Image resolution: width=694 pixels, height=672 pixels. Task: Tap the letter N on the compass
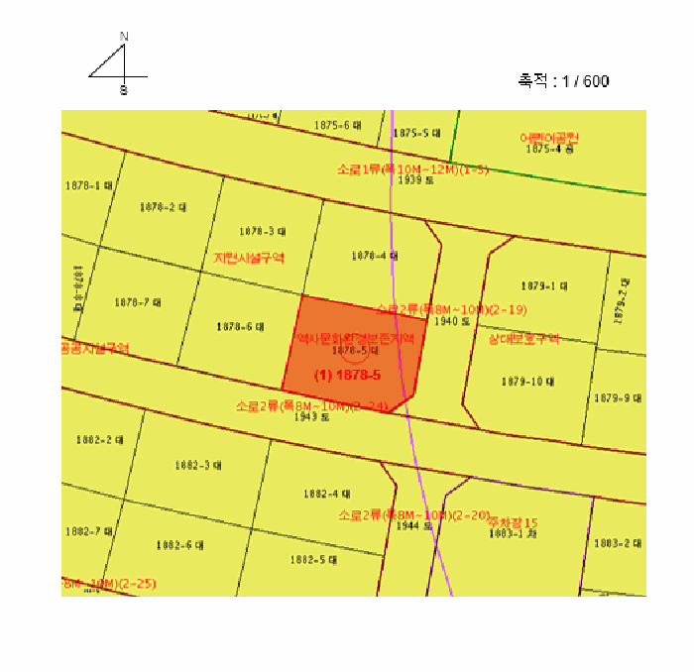(124, 37)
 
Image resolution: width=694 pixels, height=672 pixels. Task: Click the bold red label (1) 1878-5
(347, 376)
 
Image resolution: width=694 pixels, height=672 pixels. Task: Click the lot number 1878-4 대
(375, 256)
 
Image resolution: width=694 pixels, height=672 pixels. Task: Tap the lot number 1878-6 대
(240, 326)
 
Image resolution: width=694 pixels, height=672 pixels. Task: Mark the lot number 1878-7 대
(138, 302)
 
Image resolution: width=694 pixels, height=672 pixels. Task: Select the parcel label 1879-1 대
(543, 285)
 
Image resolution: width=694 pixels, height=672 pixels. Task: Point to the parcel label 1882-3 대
(198, 464)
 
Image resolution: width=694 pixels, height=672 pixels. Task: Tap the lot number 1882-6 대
(180, 545)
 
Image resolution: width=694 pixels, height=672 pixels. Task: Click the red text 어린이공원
(548, 138)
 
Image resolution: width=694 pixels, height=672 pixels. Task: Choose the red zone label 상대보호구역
(523, 338)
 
